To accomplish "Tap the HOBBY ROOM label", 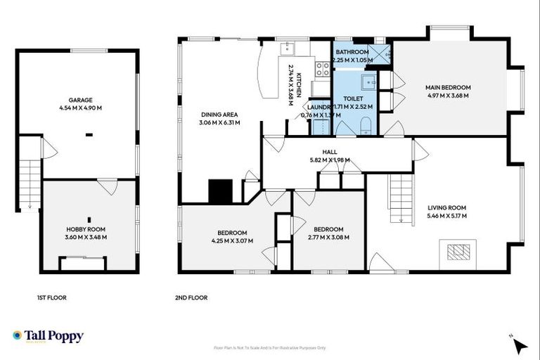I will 86,229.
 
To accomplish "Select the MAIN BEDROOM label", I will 448,87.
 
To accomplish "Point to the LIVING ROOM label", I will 447,207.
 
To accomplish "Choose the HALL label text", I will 330,151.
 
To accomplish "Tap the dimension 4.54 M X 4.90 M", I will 81,108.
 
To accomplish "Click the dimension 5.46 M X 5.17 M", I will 447,215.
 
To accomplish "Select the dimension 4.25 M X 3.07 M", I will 231,240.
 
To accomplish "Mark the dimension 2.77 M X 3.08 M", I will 328,237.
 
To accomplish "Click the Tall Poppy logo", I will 48,336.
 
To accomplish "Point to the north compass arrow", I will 520,345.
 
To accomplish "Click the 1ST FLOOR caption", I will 51,297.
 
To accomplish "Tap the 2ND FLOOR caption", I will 191,297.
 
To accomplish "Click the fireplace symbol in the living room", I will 457,251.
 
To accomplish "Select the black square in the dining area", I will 221,191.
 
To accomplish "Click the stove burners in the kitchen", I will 322,68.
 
